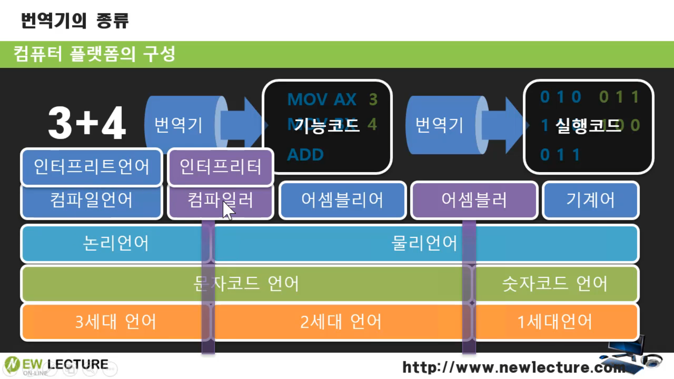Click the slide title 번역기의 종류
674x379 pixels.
[x=75, y=20]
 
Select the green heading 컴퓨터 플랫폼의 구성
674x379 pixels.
[x=94, y=54]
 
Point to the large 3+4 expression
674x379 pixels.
[x=87, y=123]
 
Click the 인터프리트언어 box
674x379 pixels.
[x=91, y=167]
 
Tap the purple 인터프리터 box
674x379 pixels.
[x=220, y=167]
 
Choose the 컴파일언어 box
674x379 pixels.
[x=91, y=200]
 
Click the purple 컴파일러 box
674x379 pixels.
[x=220, y=200]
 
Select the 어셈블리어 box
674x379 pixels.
[x=342, y=200]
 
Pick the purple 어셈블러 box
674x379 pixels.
[x=474, y=200]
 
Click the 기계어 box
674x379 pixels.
[x=590, y=200]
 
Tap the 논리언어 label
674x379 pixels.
[x=116, y=243]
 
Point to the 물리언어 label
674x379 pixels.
[x=424, y=243]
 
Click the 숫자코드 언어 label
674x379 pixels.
[x=555, y=284]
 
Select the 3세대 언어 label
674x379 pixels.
[x=116, y=321]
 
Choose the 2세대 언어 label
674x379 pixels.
[x=341, y=321]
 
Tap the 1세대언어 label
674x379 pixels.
[x=555, y=321]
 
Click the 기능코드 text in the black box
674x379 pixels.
[x=327, y=125]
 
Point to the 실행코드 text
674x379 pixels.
[x=588, y=125]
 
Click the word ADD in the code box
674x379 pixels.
[x=305, y=155]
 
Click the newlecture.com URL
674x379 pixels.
[x=514, y=367]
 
